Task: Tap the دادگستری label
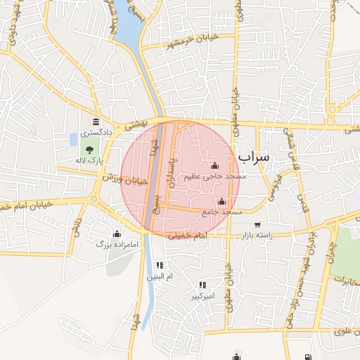[94, 132]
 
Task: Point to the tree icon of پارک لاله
[89, 149]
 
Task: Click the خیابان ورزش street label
[126, 179]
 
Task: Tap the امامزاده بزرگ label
[113, 244]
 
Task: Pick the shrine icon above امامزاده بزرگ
[117, 233]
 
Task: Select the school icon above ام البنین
[160, 266]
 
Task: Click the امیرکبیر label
[203, 296]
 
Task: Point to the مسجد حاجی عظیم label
[215, 176]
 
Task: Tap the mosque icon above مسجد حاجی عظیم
[214, 166]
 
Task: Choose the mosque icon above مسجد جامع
[222, 201]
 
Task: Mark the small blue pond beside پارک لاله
[75, 139]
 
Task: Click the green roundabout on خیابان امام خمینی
[94, 199]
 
